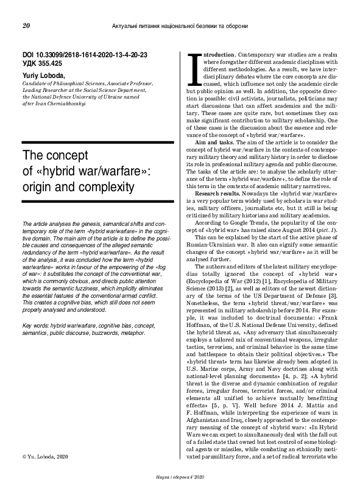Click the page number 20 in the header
tap(26, 26)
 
